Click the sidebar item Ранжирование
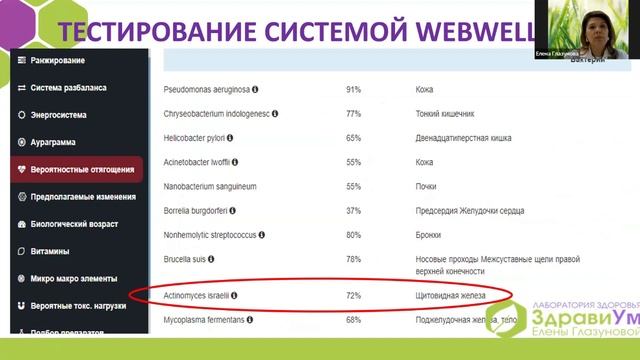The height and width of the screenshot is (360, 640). [58, 62]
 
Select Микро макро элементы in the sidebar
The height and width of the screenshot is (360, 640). [74, 278]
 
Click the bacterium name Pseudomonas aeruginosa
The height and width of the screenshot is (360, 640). [205, 89]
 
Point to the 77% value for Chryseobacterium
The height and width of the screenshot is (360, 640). [353, 114]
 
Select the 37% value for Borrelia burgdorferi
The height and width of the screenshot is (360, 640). [353, 210]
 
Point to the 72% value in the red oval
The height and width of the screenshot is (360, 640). [353, 297]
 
